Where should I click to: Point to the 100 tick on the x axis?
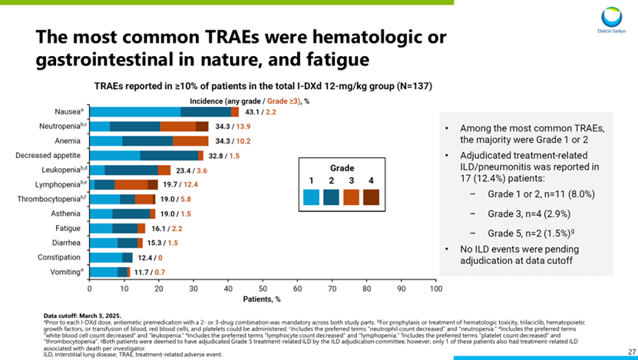(x=435, y=289)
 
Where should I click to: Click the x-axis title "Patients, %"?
(x=262, y=300)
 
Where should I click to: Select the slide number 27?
(x=631, y=351)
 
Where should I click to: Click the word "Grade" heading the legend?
(x=341, y=167)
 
